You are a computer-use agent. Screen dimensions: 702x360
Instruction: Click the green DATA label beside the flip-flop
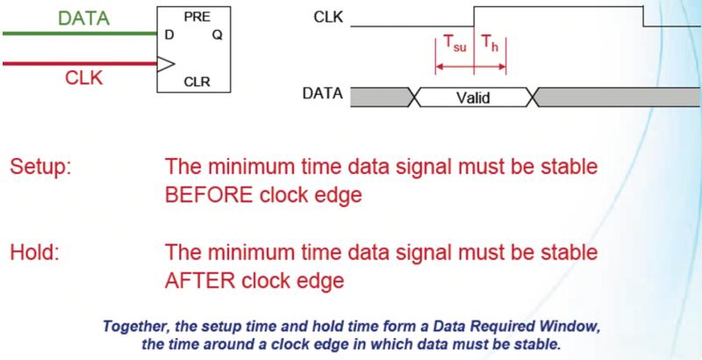[84, 18]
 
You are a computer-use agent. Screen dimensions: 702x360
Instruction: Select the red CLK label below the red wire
[83, 78]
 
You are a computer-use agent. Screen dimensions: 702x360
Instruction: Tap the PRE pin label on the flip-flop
[197, 18]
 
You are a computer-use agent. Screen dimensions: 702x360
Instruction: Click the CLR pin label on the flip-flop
[197, 83]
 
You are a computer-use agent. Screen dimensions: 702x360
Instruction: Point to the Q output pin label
[217, 35]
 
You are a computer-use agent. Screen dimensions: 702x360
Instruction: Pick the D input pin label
[169, 35]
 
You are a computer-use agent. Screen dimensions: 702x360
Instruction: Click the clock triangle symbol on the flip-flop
[166, 64]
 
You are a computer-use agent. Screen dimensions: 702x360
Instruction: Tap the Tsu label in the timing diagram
[455, 45]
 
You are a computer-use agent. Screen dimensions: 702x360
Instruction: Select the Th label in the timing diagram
[490, 44]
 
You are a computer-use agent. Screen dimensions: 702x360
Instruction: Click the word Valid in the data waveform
[473, 97]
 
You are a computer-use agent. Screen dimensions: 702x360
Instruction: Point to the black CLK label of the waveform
[328, 18]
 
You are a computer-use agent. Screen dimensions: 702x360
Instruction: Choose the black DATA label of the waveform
[322, 94]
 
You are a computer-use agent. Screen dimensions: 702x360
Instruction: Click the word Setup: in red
[40, 168]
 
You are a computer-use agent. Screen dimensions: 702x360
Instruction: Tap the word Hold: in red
[34, 253]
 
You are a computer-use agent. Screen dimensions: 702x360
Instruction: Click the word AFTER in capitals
[200, 281]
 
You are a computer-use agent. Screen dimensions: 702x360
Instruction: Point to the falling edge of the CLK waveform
[643, 17]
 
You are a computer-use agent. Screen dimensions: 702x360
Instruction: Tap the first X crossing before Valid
[414, 97]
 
